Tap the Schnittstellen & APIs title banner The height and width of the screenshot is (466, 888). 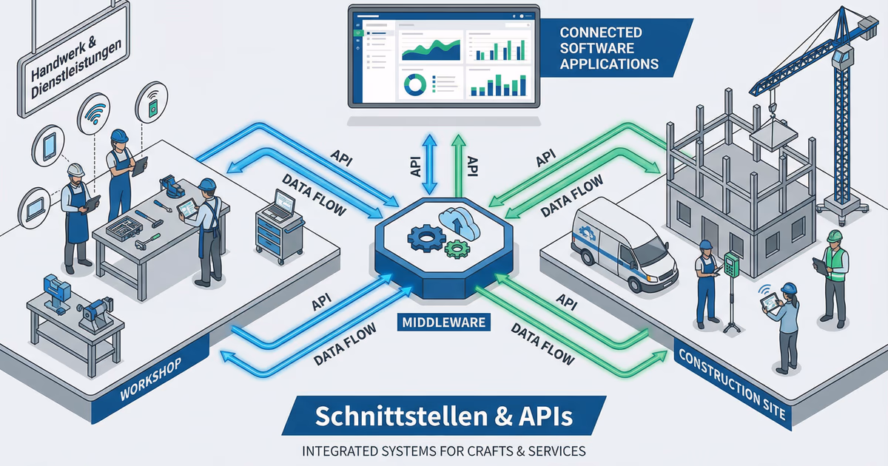coord(444,416)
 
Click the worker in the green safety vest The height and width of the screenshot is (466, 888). coord(834,274)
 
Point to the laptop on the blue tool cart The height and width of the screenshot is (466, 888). coord(283,203)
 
